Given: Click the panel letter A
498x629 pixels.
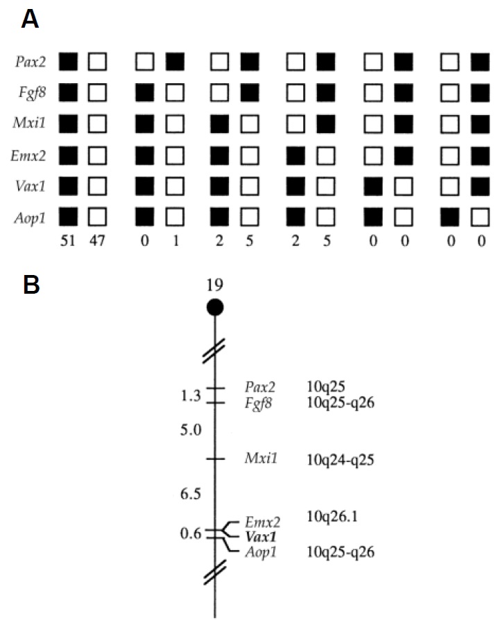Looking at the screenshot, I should pyautogui.click(x=29, y=19).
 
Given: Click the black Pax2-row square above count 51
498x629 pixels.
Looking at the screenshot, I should pyautogui.click(x=68, y=62).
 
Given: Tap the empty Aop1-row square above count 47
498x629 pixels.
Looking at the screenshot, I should pyautogui.click(x=96, y=217).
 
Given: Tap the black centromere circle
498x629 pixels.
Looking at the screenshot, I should pyautogui.click(x=215, y=306).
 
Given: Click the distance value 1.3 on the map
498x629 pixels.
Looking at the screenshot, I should pyautogui.click(x=191, y=396).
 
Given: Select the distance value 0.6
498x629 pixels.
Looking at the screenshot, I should pyautogui.click(x=191, y=533).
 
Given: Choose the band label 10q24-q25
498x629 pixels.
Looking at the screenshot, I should pyautogui.click(x=341, y=459).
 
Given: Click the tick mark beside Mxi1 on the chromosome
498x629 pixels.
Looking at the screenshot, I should pyautogui.click(x=215, y=459).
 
